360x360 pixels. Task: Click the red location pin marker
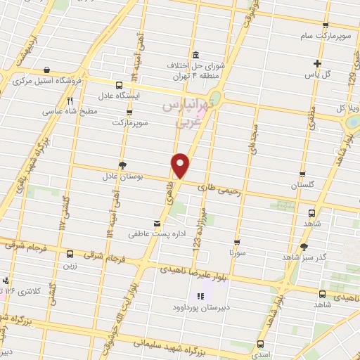[x=181, y=165]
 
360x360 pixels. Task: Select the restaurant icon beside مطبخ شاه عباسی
[x=70, y=101]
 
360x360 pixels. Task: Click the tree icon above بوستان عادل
[x=123, y=165]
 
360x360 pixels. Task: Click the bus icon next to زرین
[x=70, y=255]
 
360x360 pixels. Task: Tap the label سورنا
[x=240, y=251]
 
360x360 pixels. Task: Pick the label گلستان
[x=304, y=185]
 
